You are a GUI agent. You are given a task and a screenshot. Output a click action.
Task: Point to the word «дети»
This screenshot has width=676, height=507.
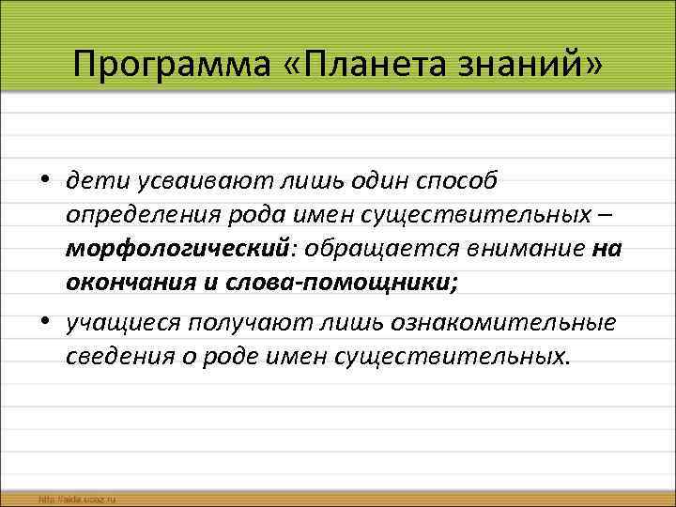(93, 180)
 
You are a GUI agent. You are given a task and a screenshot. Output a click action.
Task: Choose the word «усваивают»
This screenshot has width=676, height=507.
(192, 180)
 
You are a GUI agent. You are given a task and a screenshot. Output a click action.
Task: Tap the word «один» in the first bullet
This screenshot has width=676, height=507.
(367, 180)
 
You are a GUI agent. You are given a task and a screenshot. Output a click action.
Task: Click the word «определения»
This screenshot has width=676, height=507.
(141, 216)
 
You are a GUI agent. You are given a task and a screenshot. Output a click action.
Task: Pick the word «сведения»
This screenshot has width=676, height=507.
(114, 358)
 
